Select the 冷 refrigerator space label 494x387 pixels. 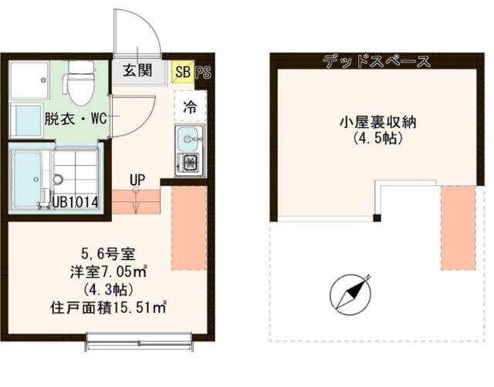[x=188, y=108]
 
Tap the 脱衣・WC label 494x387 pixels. [x=75, y=119]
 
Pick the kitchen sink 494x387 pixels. [x=189, y=139]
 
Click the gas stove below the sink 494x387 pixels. [x=189, y=163]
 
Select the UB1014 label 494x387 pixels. [x=76, y=203]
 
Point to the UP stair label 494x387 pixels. [x=137, y=181]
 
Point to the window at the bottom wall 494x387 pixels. [x=139, y=339]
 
